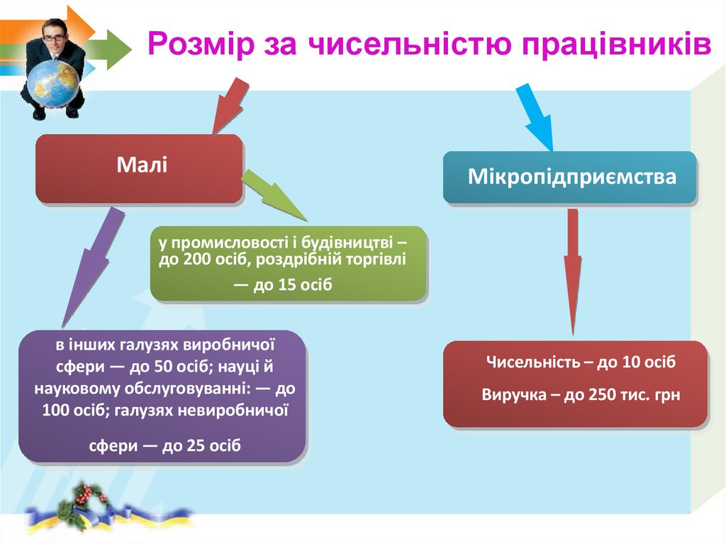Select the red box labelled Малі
tap(140, 168)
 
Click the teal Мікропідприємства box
tap(571, 177)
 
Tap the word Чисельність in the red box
tap(529, 362)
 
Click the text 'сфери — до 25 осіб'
tap(164, 446)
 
